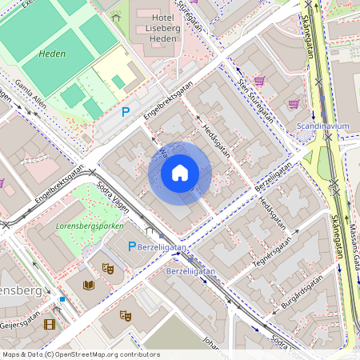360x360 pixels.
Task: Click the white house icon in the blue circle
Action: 180,173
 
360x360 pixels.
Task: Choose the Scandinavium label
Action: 324,127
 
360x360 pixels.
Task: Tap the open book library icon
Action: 88,285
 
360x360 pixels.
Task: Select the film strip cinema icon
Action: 50,324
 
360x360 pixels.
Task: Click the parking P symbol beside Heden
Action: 125,113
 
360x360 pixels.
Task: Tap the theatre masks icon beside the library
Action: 108,269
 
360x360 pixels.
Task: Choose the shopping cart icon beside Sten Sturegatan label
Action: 258,81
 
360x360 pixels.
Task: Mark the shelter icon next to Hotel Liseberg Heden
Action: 117,17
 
